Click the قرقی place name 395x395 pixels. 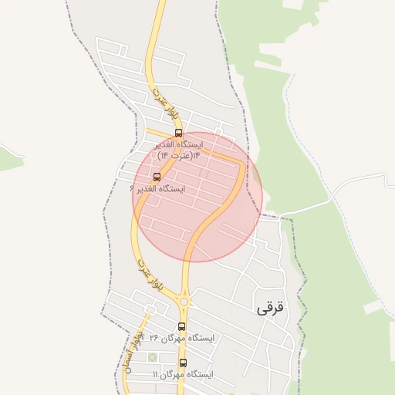point(270,307)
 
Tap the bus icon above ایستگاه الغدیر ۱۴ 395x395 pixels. point(179,133)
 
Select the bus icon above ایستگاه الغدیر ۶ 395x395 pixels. point(157,177)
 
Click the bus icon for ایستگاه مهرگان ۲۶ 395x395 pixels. point(182,326)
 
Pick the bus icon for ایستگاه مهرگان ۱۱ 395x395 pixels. point(183,363)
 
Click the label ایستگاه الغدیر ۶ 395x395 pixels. point(158,188)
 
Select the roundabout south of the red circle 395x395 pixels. point(184,300)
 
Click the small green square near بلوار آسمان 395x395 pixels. point(152,356)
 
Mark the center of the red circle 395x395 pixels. point(197,197)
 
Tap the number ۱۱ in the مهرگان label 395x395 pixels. point(156,374)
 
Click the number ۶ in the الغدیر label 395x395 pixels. point(133,188)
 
